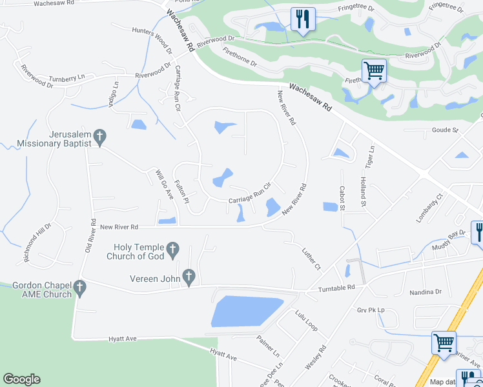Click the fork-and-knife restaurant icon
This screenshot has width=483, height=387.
pos(303,19)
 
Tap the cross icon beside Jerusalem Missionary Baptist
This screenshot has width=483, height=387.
pos(99,137)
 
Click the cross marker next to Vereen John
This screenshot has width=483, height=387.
pos(189,277)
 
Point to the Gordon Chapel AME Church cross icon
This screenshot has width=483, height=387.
pos(80,288)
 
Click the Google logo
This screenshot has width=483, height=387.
pos(21,379)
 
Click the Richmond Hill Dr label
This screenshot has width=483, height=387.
pos(37,243)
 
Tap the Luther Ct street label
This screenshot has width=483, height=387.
pos(311,257)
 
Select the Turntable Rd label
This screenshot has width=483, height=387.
pos(336,288)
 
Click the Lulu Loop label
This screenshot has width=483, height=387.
pos(307,321)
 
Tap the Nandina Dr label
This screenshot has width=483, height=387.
pos(425,292)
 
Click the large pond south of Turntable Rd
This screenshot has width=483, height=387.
pos(246,312)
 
